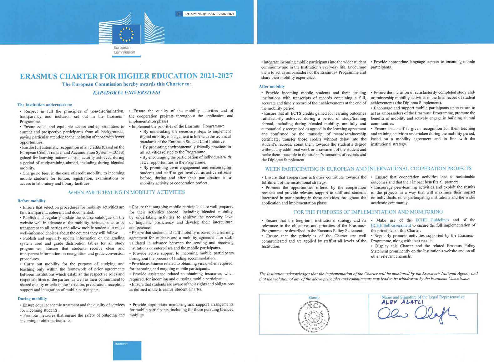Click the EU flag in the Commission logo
click(127, 34)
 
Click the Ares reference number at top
click(209, 14)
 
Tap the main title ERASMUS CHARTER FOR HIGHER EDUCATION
click(126, 76)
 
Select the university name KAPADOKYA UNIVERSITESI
click(126, 93)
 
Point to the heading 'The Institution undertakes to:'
click(45, 105)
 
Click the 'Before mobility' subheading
click(32, 201)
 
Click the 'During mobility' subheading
click(32, 299)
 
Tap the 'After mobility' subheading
click(272, 86)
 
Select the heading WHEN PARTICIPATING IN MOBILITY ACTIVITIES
click(127, 192)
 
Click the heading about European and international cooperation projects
click(368, 169)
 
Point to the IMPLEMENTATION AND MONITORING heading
click(368, 212)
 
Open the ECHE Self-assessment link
click(391, 225)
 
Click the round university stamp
click(314, 316)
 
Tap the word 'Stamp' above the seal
click(314, 298)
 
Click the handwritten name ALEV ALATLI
click(402, 302)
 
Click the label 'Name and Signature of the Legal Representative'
click(423, 297)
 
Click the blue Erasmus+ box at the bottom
click(127, 350)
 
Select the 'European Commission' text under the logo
click(124, 50)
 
